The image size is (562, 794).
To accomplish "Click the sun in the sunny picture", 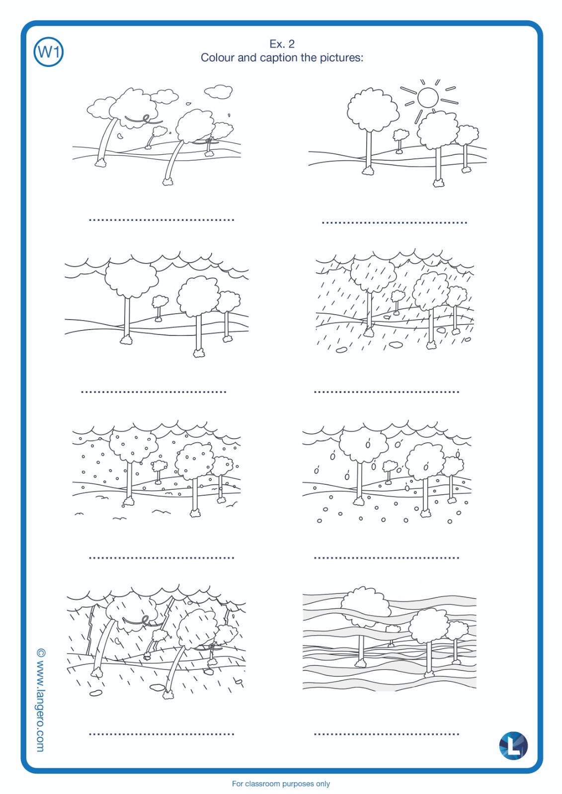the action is click(x=428, y=97).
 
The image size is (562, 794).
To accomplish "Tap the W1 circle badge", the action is click(x=48, y=52).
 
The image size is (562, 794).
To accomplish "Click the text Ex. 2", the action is click(x=282, y=44).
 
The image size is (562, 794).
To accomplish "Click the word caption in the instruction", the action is click(x=279, y=58).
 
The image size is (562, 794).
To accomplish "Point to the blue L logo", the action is click(x=513, y=745).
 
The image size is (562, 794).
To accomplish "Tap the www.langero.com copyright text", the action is click(x=41, y=700).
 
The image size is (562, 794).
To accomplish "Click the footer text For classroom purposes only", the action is click(x=281, y=784).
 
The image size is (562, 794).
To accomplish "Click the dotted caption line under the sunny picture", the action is click(x=394, y=223).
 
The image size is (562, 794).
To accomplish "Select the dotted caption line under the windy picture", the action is click(x=161, y=220).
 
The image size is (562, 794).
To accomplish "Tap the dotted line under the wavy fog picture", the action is click(x=386, y=734).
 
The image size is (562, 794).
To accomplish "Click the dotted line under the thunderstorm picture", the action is click(x=161, y=734).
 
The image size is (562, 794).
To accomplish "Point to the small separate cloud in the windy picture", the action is click(x=218, y=91).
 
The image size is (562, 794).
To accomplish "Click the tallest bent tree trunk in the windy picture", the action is click(x=105, y=142).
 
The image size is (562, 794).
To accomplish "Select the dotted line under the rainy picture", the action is click(x=386, y=392).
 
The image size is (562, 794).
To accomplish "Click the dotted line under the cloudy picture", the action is click(x=154, y=392).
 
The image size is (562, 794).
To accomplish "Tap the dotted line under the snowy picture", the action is click(x=161, y=558).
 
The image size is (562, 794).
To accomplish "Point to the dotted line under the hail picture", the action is click(x=386, y=558).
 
